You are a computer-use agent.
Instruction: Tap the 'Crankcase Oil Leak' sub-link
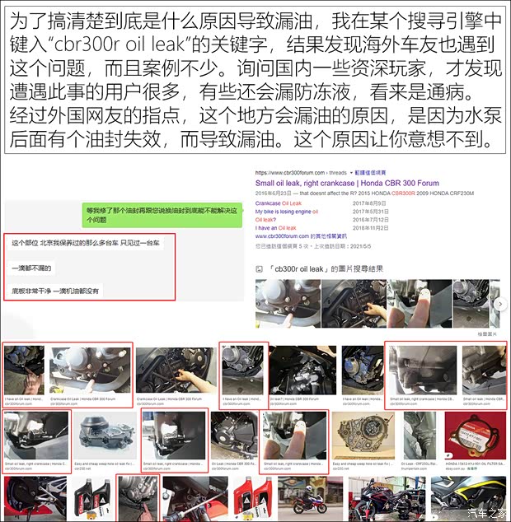point(279,203)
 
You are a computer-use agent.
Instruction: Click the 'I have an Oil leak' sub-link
point(275,228)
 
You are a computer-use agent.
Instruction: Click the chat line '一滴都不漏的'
point(31,268)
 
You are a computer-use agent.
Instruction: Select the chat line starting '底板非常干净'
point(54,291)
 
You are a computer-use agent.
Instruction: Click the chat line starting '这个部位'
point(86,245)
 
